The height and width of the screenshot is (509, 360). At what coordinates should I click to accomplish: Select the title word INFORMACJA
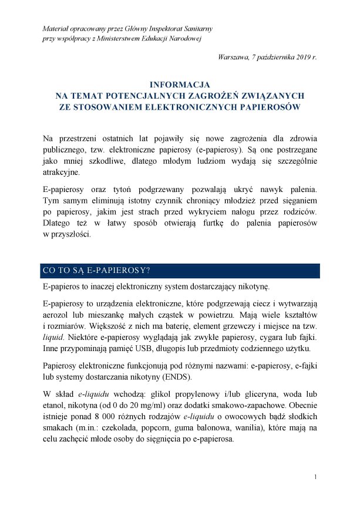(x=180, y=85)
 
